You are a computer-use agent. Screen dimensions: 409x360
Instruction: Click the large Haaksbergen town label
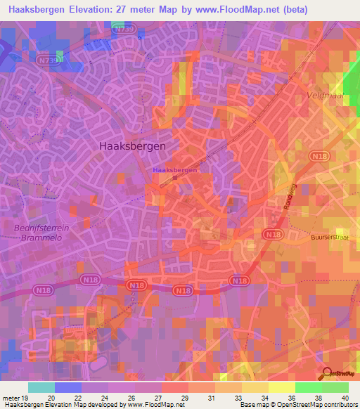129,145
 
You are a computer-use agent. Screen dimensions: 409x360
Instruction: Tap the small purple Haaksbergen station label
174,170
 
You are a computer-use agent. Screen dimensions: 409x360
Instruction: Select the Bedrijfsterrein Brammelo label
37,233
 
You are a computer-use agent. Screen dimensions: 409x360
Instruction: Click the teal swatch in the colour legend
41,387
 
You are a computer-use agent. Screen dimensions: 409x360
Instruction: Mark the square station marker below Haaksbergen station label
175,177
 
